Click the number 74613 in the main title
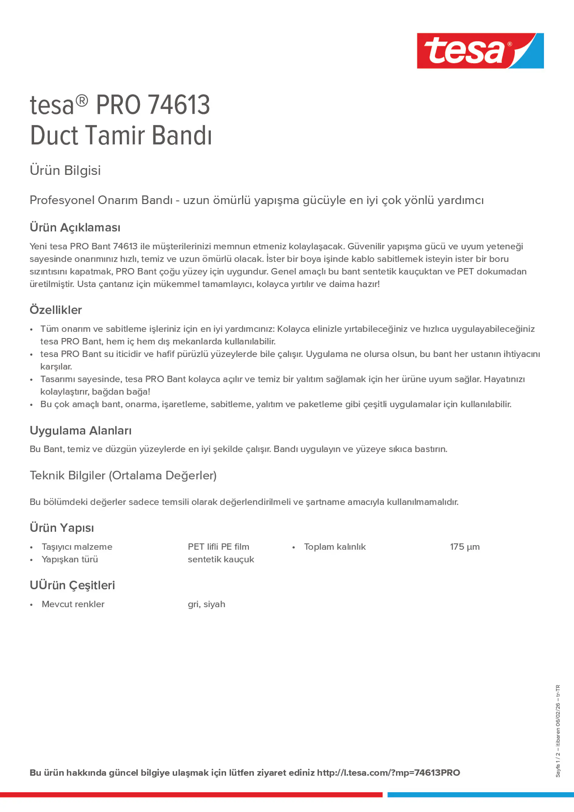tap(179, 105)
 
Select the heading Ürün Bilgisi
tap(65, 171)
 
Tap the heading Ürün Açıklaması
tap(75, 227)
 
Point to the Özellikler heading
tap(56, 310)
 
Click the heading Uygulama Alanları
tap(81, 430)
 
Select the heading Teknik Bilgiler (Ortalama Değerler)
tap(123, 475)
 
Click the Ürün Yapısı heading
tap(62, 528)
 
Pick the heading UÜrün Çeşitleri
tap(72, 585)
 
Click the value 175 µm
tap(465, 547)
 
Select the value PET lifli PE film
tap(218, 547)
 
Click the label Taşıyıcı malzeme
tap(77, 547)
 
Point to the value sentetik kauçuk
tap(221, 559)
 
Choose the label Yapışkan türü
tap(70, 559)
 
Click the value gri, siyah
tap(206, 604)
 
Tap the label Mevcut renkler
tap(73, 604)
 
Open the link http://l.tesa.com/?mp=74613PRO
tap(388, 773)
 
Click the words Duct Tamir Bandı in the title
tap(121, 136)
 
